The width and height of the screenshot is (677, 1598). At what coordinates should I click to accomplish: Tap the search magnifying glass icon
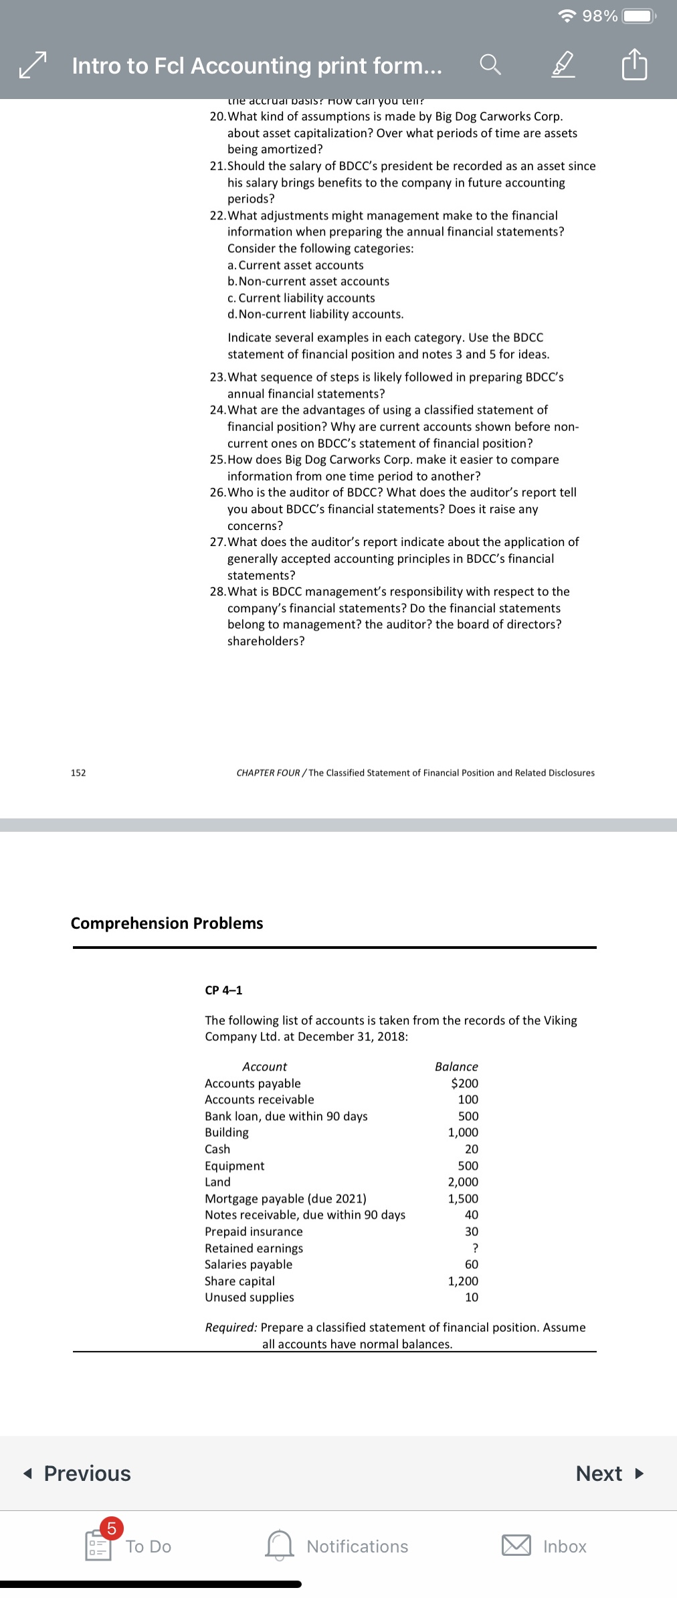click(490, 65)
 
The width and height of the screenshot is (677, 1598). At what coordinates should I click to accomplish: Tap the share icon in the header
click(634, 65)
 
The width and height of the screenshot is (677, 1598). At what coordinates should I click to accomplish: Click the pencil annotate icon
click(563, 65)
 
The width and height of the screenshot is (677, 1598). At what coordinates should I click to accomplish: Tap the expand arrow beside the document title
click(33, 65)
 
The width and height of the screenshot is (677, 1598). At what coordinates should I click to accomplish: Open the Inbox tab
click(545, 1546)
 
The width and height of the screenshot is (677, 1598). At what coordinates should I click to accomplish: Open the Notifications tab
click(337, 1546)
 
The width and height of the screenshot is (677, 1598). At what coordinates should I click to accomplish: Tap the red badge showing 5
click(112, 1528)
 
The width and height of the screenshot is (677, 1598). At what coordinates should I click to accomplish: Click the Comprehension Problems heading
click(167, 923)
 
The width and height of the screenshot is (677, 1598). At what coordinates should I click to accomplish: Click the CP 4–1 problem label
click(223, 990)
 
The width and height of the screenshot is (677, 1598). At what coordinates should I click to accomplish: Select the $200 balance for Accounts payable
click(464, 1083)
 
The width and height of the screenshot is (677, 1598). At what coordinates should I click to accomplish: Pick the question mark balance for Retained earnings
click(474, 1247)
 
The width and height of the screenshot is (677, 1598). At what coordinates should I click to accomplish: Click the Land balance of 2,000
click(463, 1182)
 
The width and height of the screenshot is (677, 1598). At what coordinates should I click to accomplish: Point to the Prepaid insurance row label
click(254, 1231)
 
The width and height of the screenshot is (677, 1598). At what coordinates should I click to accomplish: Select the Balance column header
click(456, 1066)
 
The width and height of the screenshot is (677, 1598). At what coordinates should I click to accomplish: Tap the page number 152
click(78, 772)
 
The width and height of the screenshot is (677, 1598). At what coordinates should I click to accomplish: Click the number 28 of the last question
click(217, 592)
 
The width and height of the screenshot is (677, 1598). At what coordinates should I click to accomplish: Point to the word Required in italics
click(230, 1327)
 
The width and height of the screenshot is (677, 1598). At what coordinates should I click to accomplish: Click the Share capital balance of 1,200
click(463, 1281)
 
